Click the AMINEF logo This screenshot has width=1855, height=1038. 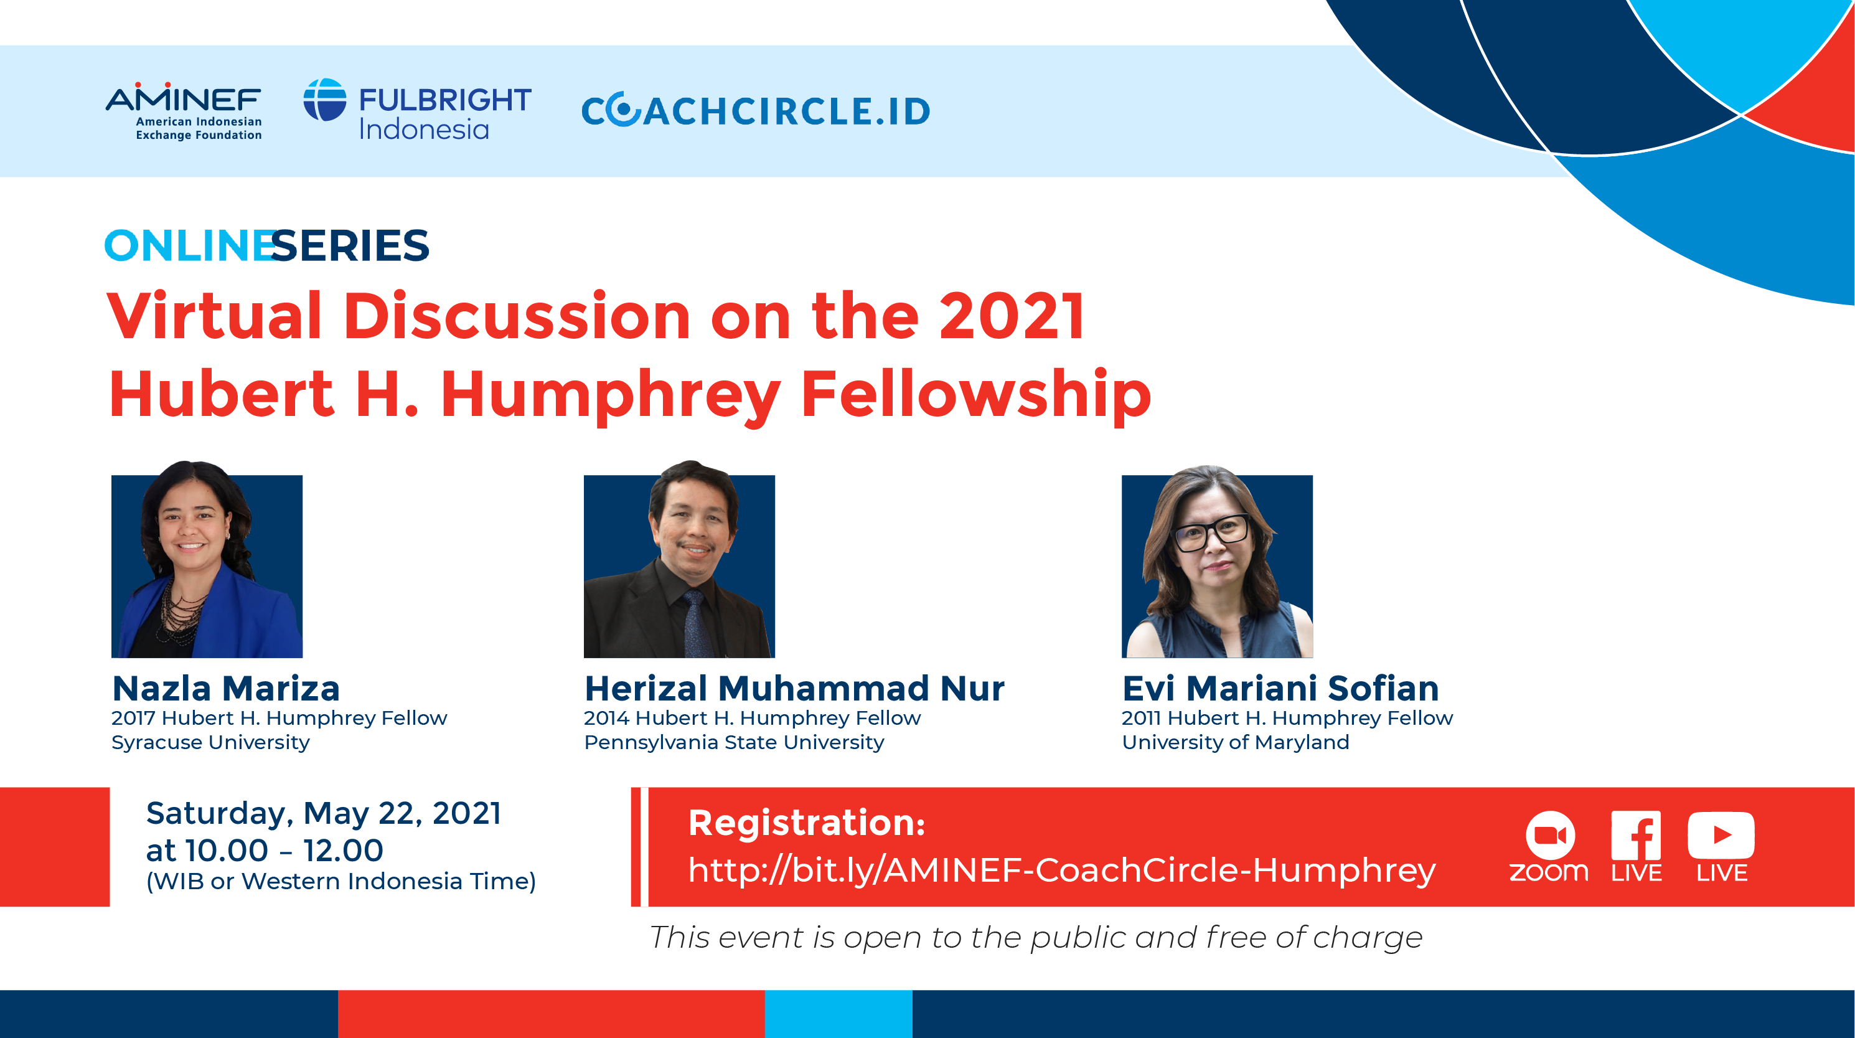(184, 111)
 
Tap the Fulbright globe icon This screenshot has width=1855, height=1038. (325, 100)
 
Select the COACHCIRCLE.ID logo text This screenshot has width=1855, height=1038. (756, 111)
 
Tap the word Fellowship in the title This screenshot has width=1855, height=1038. (976, 394)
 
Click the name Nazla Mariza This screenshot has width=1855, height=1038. (226, 688)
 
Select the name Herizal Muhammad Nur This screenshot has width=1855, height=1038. (794, 688)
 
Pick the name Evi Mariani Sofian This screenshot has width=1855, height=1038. (1280, 688)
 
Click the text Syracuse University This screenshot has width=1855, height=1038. (210, 742)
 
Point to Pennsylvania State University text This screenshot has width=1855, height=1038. (734, 742)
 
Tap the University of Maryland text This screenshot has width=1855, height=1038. (1236, 742)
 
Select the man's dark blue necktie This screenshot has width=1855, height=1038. (696, 624)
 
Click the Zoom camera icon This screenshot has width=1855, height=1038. (1551, 835)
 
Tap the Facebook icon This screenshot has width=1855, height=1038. (1636, 835)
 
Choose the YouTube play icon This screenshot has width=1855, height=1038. (1721, 835)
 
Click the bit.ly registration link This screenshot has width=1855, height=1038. (1061, 870)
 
